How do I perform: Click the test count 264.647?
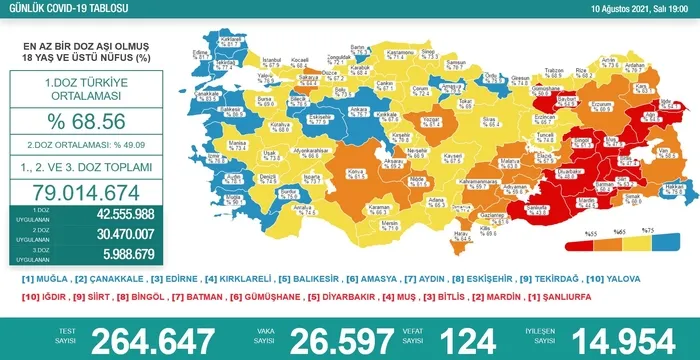pyautogui.click(x=154, y=339)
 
